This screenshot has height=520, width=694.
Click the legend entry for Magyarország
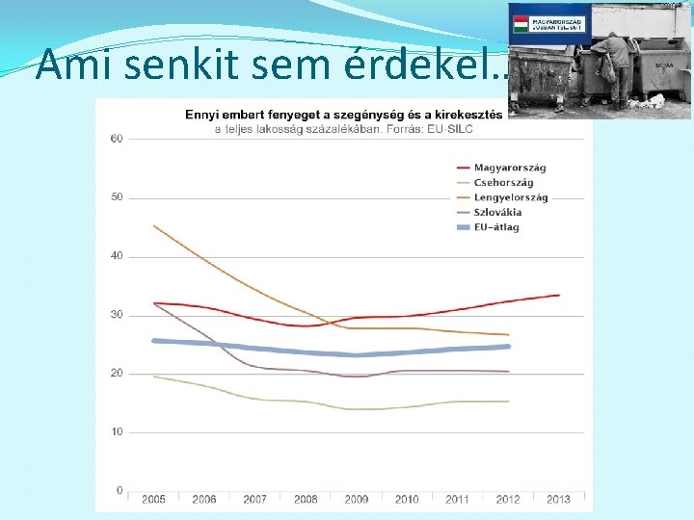click(x=510, y=169)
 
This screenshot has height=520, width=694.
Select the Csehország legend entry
click(x=503, y=183)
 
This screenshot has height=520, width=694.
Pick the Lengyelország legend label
click(x=511, y=197)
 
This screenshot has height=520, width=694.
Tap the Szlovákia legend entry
click(x=497, y=212)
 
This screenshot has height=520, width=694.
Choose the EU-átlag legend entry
click(x=496, y=227)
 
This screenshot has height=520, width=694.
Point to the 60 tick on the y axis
click(x=117, y=139)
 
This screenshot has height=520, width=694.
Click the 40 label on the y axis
click(x=117, y=256)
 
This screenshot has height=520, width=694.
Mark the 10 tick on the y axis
click(x=117, y=432)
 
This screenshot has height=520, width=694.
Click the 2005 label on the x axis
click(x=153, y=499)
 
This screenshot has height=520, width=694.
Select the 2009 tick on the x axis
click(x=357, y=499)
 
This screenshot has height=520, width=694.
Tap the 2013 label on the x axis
click(x=558, y=499)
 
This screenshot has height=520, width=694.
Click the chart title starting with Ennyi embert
click(x=343, y=114)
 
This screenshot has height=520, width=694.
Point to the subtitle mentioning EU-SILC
click(x=343, y=127)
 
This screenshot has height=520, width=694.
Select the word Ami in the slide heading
click(x=62, y=65)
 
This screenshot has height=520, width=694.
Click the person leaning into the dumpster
click(x=614, y=64)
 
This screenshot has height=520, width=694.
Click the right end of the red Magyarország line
click(x=558, y=296)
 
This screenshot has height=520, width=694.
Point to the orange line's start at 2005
click(x=154, y=226)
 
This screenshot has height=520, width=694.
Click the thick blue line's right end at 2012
click(x=508, y=347)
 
